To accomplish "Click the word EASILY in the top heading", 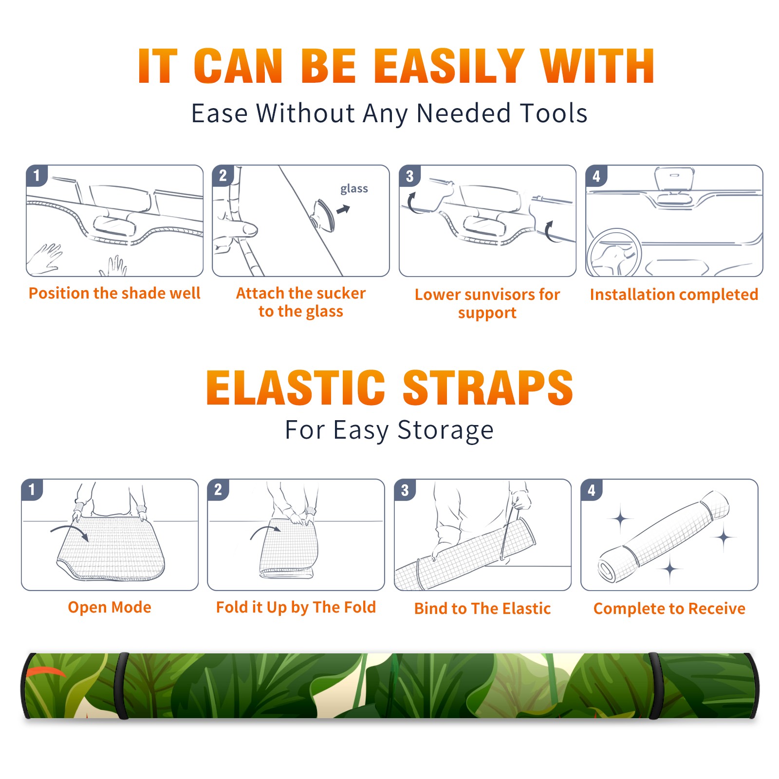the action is coord(449,67).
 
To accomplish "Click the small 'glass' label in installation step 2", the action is coord(354,189).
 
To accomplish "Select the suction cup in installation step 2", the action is coord(323,214).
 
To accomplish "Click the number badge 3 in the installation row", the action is coord(410,176).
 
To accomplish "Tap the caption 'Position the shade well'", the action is coord(114,293).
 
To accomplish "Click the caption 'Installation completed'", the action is coord(674,294).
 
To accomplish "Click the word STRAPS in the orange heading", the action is coord(488,388).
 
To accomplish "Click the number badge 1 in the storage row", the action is coord(32,489).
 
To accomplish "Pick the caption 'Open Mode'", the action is coord(110,607).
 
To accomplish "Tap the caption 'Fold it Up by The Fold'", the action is coord(296,608).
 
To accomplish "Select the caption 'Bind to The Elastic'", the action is coord(482,609).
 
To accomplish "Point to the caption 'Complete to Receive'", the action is coord(669,609).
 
